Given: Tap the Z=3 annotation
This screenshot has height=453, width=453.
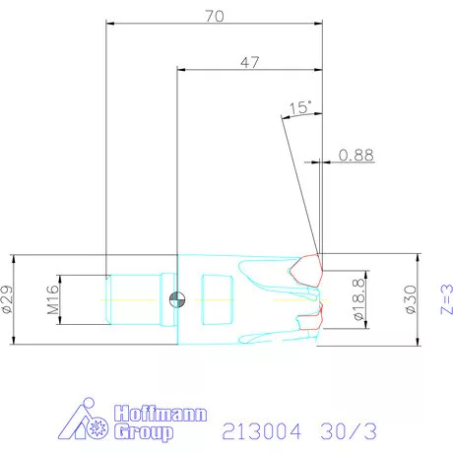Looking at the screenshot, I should pos(445,298).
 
